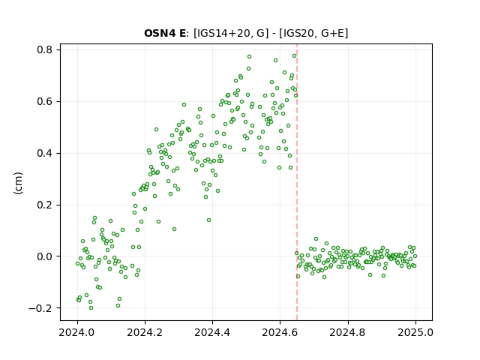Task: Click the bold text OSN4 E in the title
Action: [165, 33]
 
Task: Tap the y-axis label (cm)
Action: [18, 183]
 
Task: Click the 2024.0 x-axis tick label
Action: [77, 332]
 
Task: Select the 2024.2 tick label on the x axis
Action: [145, 332]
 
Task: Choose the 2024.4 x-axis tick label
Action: [212, 332]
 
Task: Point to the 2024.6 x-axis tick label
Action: [280, 332]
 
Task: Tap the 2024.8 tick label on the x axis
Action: [348, 332]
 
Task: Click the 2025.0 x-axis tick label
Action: [415, 332]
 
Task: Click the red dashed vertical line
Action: [297, 182]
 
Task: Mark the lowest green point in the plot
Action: [91, 308]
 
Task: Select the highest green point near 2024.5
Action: [249, 57]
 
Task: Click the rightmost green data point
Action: [415, 256]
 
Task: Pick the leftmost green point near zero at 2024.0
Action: [77, 263]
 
